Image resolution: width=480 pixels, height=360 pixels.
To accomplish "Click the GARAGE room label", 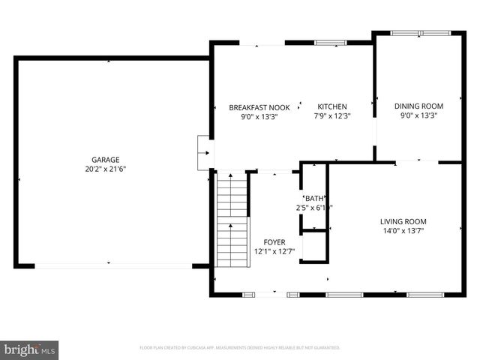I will pos(105,160).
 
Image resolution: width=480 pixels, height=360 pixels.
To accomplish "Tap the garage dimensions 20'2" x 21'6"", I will pos(105,169).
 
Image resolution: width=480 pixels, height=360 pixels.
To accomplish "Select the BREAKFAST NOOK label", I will pos(259,107).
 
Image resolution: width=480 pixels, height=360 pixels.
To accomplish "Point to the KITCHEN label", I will pos(331,106).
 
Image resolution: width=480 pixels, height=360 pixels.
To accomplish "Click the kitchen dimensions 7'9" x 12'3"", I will pos(331,116).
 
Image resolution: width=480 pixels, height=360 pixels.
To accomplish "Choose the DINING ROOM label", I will pos(418,106).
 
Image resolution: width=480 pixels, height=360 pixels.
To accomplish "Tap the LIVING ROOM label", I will pos(403,221).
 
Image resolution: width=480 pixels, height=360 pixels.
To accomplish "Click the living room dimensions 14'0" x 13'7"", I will pos(403,231).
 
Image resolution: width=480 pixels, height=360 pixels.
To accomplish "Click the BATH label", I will pos(313,198).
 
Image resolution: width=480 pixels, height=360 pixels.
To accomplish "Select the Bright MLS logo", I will pos(29,349).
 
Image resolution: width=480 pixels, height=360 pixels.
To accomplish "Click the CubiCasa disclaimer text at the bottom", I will pos(240,348).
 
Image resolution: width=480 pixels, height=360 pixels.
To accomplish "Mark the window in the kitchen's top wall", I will pos(330,43).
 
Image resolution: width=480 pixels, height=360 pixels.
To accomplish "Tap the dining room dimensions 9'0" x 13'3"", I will pos(418,115).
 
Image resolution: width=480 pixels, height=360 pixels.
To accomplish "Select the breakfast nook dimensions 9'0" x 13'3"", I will pos(259,117).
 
